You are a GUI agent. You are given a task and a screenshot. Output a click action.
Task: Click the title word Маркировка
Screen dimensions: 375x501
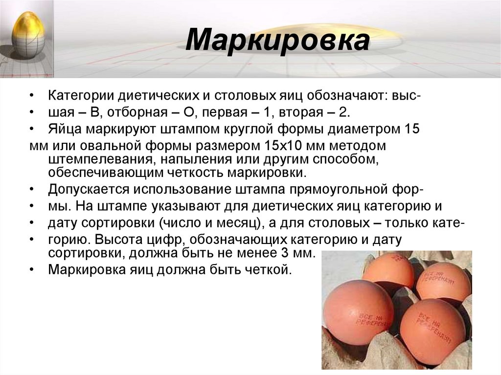click(277, 41)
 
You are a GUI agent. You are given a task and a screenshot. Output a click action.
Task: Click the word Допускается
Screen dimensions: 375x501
click(88, 189)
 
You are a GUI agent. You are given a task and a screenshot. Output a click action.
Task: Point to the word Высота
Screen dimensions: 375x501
click(119, 240)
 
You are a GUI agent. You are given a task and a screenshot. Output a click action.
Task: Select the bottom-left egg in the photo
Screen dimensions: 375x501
click(359, 312)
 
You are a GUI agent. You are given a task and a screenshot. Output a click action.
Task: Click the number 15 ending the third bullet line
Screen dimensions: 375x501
click(410, 130)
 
